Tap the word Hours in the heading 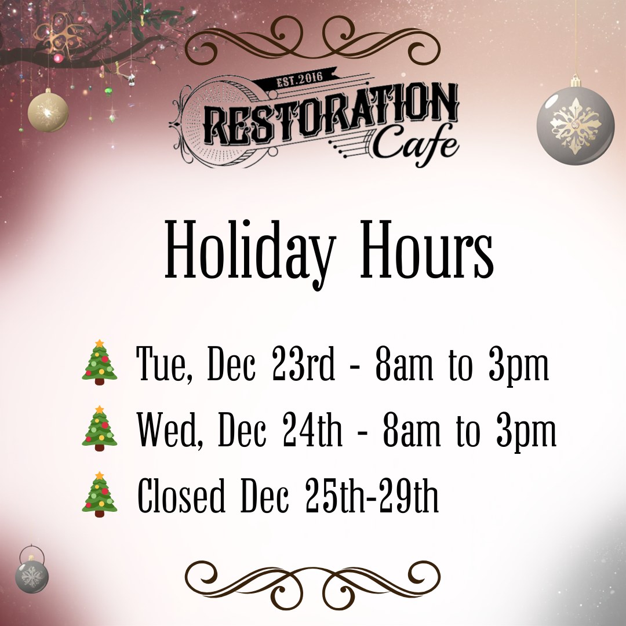pos(427,249)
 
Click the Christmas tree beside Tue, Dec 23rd pos(100,362)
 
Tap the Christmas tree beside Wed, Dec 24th pos(100,428)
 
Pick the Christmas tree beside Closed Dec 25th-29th pos(100,494)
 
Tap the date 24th pos(312,429)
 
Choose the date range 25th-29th pos(372,495)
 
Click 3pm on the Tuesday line pos(519,366)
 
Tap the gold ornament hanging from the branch pos(48,111)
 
